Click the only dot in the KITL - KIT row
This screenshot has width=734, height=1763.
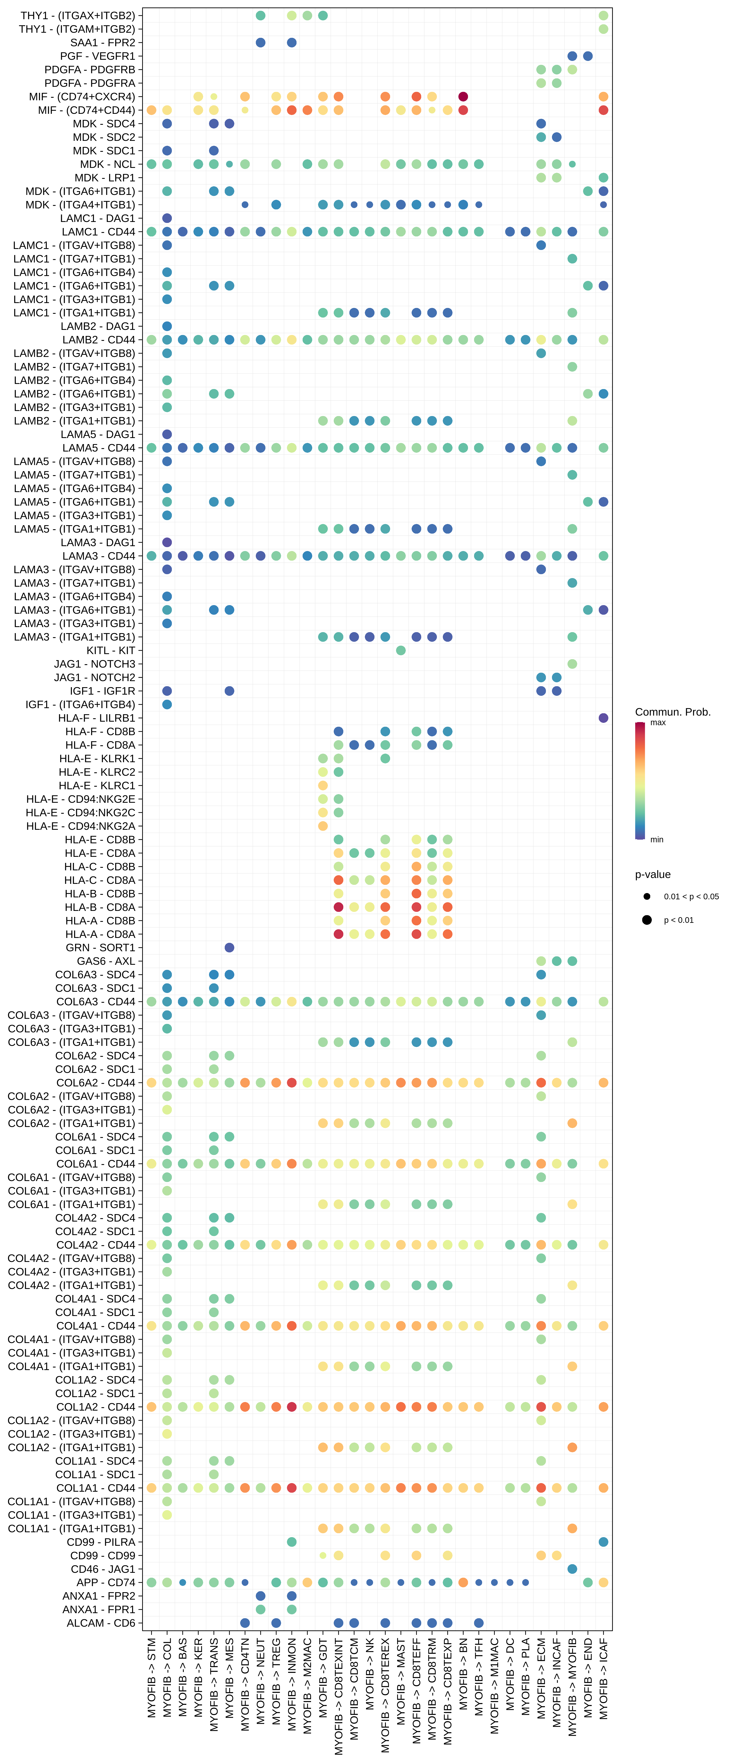point(401,650)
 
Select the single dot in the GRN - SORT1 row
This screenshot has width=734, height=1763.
point(229,947)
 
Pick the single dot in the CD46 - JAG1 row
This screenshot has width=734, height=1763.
point(572,1569)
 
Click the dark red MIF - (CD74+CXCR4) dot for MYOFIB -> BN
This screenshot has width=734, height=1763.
point(463,97)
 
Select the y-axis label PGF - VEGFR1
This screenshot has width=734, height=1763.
point(98,56)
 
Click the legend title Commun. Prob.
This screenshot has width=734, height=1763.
point(672,712)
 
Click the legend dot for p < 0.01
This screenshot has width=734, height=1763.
point(647,920)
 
